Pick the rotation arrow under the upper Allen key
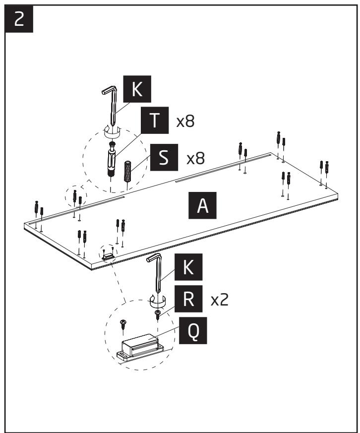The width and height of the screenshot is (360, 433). (114, 132)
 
